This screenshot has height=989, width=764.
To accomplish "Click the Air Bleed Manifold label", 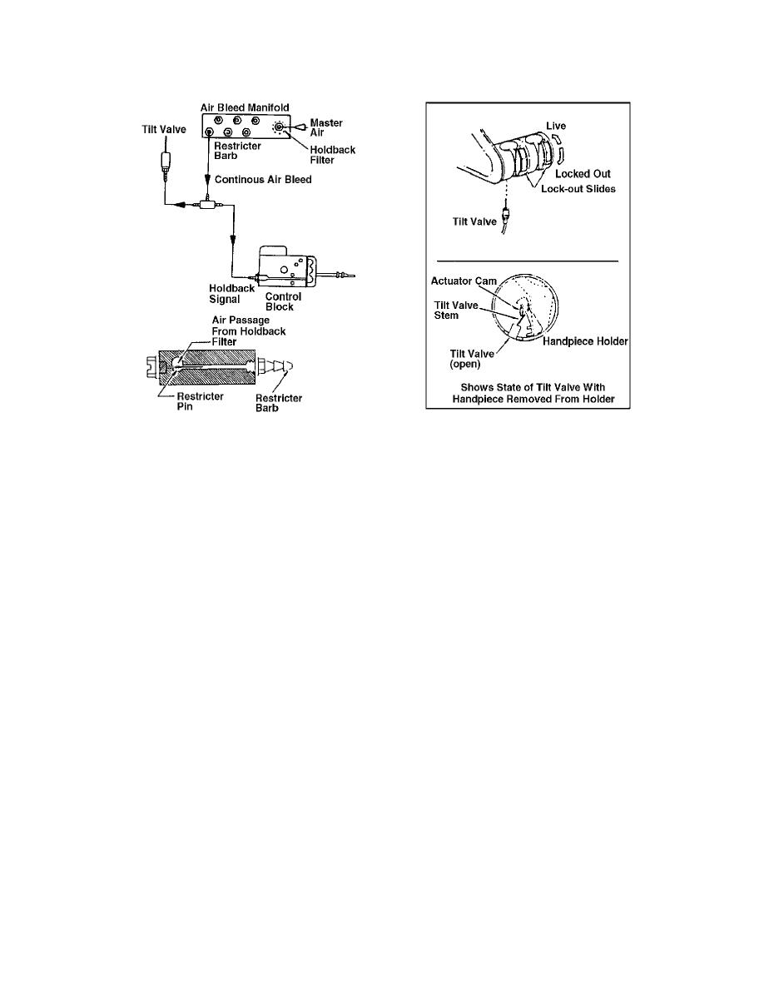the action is [x=245, y=107].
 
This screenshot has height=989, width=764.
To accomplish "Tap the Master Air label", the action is [x=326, y=127].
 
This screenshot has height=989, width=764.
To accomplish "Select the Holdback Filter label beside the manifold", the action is [x=332, y=155].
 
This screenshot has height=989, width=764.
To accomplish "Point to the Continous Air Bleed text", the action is [x=263, y=180].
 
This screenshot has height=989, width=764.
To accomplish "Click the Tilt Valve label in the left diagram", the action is [x=164, y=129].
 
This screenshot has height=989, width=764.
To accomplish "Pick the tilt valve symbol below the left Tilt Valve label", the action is [x=166, y=165].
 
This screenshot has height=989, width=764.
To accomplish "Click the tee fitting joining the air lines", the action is [x=208, y=204].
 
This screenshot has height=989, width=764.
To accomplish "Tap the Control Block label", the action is [x=283, y=301].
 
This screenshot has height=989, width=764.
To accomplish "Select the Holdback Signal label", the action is [x=231, y=294].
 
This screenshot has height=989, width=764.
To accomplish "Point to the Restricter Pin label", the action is [x=200, y=401].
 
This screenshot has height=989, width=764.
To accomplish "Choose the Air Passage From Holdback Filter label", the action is [x=248, y=331].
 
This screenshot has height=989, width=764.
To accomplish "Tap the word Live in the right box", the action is [x=556, y=126].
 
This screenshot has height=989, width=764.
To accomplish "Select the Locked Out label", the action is [x=583, y=173].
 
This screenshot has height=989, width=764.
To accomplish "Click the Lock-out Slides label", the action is [x=578, y=189].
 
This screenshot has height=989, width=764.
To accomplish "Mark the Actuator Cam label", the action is [x=464, y=281].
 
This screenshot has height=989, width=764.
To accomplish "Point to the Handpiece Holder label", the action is [x=585, y=341].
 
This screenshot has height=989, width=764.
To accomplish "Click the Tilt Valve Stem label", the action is [x=456, y=311].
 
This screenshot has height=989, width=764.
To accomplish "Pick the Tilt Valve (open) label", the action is [x=472, y=359].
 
